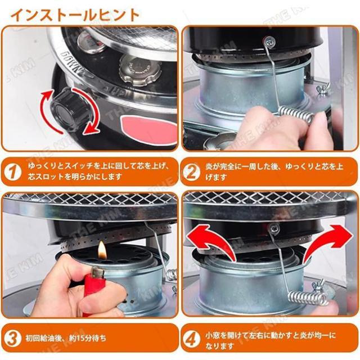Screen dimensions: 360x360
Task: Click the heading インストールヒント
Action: (x=75, y=15)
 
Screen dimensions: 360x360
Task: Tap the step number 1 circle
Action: (x=12, y=172)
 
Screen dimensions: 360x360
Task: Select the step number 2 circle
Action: (x=191, y=172)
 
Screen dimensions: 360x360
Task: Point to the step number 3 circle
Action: (x=12, y=339)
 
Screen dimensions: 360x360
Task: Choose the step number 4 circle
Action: (x=191, y=339)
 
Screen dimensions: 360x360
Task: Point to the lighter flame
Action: (x=101, y=250)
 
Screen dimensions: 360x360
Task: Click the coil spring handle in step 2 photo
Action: (x=296, y=114)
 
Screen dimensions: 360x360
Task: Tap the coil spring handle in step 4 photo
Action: (x=308, y=298)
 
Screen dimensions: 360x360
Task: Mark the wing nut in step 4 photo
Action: (x=317, y=286)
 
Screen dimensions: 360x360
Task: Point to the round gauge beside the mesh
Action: (x=91, y=41)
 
